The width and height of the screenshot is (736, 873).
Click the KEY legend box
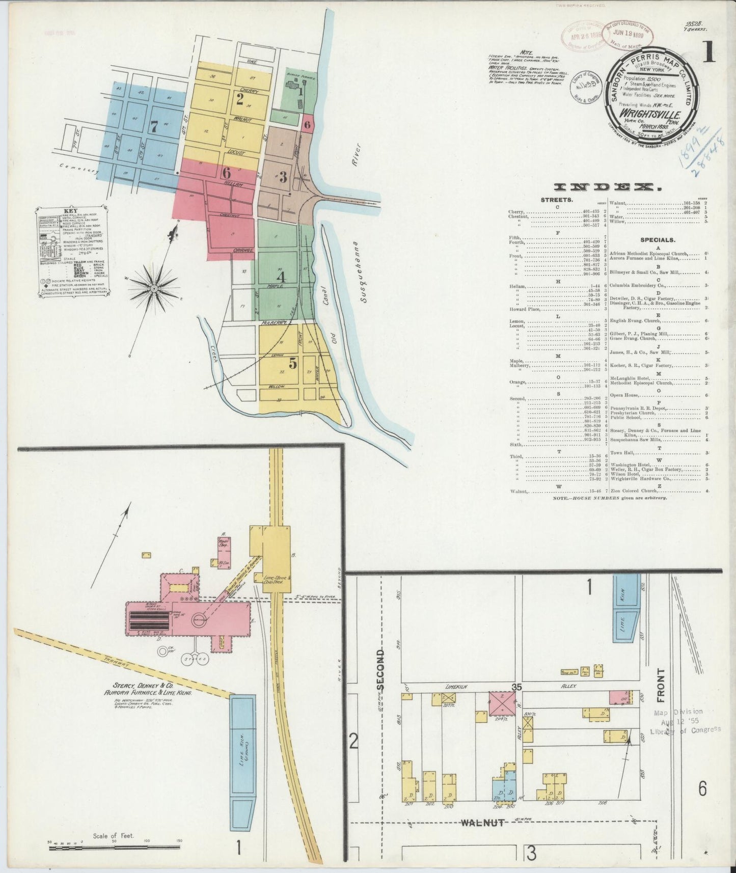(x=70, y=251)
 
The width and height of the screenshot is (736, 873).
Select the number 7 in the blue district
(x=154, y=126)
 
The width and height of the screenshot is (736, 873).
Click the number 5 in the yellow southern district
(x=293, y=363)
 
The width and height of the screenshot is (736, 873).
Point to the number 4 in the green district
(x=281, y=277)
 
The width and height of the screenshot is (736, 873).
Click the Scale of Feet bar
(x=113, y=848)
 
